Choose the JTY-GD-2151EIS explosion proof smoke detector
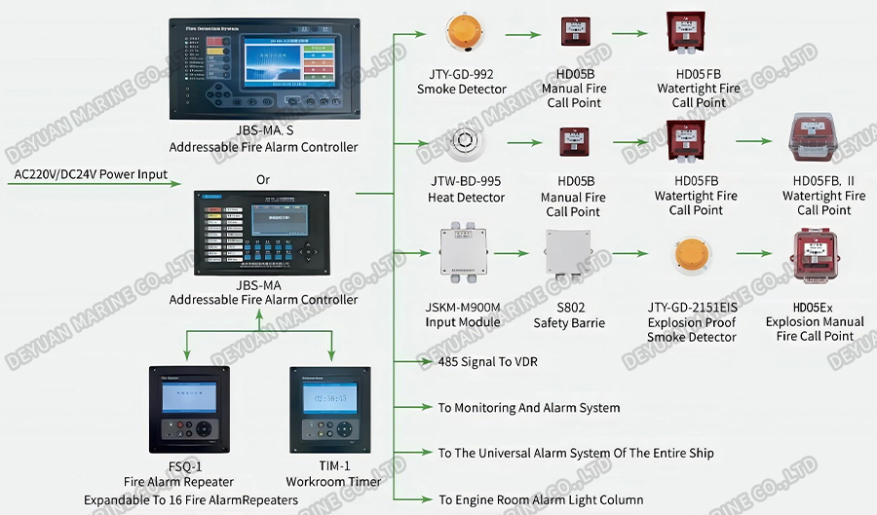(x=692, y=256)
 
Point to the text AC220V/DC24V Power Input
(x=91, y=175)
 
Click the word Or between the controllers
(x=263, y=180)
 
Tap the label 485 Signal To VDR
(x=487, y=361)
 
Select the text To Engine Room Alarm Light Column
(x=541, y=499)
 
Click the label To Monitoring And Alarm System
(x=529, y=408)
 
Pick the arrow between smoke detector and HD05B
(x=521, y=35)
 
